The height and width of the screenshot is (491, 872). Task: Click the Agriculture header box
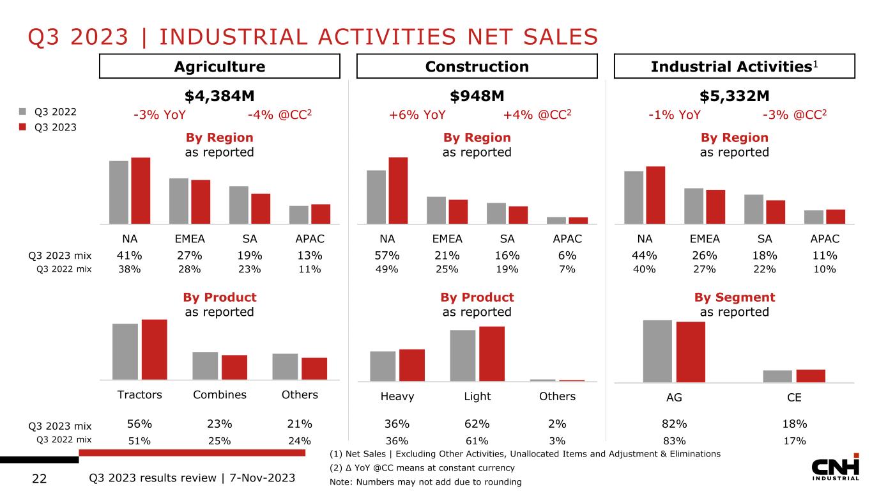220,66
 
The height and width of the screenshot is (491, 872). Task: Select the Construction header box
477,66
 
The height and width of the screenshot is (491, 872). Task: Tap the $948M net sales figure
477,96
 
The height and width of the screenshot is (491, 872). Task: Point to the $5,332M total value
735,96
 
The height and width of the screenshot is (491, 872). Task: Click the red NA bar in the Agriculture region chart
141,191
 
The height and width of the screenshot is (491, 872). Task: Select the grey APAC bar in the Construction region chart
556,221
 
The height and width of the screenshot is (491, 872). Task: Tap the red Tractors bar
154,349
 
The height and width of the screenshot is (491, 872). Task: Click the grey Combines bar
205,366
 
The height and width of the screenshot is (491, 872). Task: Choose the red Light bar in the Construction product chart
492,354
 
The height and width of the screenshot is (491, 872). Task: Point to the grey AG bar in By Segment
657,350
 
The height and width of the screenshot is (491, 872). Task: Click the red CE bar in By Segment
811,375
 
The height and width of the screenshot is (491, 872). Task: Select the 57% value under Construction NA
387,256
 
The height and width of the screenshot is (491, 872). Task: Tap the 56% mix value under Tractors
139,424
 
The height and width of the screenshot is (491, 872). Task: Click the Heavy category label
397,396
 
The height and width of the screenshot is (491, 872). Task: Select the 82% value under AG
674,424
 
